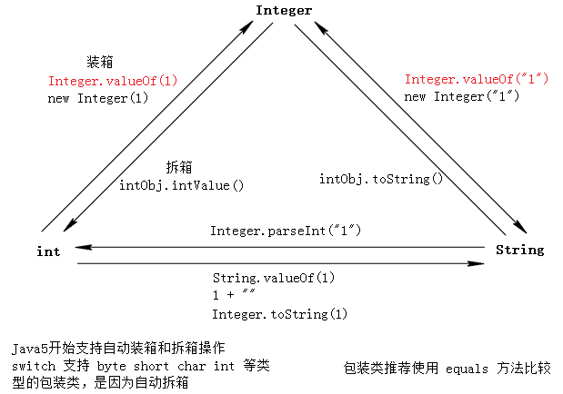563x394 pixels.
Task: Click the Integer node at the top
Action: (x=284, y=11)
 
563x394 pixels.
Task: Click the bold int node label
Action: (x=49, y=251)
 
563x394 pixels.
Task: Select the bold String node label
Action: (x=519, y=250)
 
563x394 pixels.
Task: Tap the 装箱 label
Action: (x=99, y=63)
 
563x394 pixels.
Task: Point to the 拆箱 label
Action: (x=178, y=167)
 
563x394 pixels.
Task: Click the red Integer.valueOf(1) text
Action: (x=113, y=81)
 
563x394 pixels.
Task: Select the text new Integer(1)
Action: (x=97, y=98)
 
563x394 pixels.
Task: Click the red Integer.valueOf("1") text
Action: (x=476, y=79)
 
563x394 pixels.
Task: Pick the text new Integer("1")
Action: (x=461, y=96)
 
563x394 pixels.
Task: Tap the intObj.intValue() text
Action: (x=182, y=185)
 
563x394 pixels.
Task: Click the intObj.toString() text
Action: (x=380, y=179)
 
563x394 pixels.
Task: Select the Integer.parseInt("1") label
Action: (x=287, y=231)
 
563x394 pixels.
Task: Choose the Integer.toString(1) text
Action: (x=280, y=314)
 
